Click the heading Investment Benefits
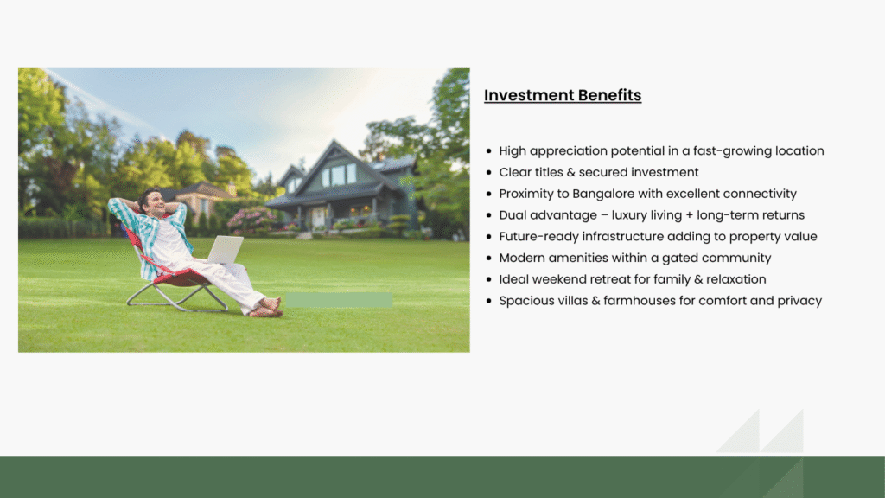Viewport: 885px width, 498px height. (563, 95)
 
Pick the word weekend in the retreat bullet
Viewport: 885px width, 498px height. (559, 279)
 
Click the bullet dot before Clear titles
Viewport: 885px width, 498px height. (489, 173)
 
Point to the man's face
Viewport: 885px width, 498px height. (154, 204)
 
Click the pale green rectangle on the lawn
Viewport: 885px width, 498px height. (339, 300)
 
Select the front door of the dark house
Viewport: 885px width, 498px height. (319, 217)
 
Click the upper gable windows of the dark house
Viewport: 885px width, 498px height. (338, 176)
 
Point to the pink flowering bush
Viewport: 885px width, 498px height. (252, 220)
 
